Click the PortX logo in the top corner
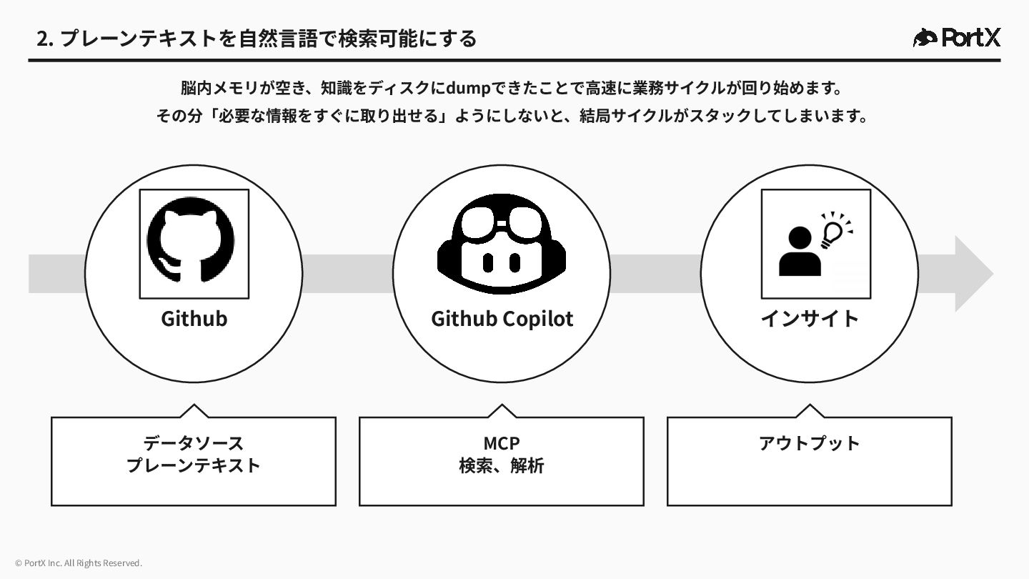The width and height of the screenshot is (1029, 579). [957, 37]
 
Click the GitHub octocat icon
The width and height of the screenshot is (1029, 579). [190, 244]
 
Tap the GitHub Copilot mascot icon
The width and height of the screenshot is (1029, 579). [502, 244]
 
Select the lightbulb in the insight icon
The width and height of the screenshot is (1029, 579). [833, 231]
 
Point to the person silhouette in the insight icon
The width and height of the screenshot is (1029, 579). [800, 252]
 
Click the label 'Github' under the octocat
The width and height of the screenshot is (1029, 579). [194, 318]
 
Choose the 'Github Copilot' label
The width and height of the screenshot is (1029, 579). [502, 318]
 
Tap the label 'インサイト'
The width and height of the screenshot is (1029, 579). [810, 318]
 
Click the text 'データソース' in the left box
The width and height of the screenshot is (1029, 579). [194, 443]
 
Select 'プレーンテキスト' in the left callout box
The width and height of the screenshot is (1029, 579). [194, 465]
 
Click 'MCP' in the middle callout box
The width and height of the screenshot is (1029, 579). [502, 443]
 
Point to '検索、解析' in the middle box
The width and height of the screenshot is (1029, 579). [502, 465]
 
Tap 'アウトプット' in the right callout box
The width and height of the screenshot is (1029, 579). [810, 443]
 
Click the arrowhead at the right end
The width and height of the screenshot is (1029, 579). [973, 274]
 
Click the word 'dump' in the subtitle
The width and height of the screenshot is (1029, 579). [468, 88]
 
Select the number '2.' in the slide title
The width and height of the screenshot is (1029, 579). [45, 39]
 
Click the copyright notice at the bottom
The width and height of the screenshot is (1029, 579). [79, 563]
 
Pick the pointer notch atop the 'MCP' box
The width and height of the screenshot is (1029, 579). [502, 411]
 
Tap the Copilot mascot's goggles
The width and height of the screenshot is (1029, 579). [502, 224]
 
